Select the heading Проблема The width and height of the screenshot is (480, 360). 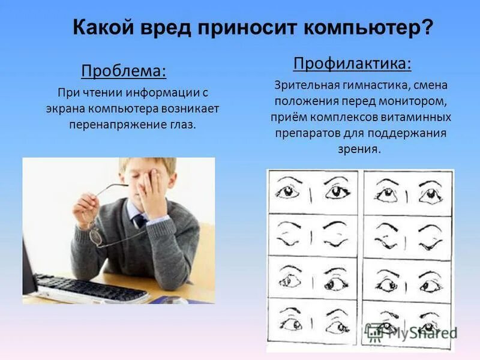coord(124,71)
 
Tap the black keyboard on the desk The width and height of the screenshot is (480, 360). coord(90,289)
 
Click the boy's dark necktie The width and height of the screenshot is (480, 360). coord(140,220)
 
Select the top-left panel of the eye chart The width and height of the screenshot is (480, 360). coord(313,192)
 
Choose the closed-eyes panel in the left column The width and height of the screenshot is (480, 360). coord(313,235)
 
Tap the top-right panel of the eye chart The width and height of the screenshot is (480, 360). coord(407,192)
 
